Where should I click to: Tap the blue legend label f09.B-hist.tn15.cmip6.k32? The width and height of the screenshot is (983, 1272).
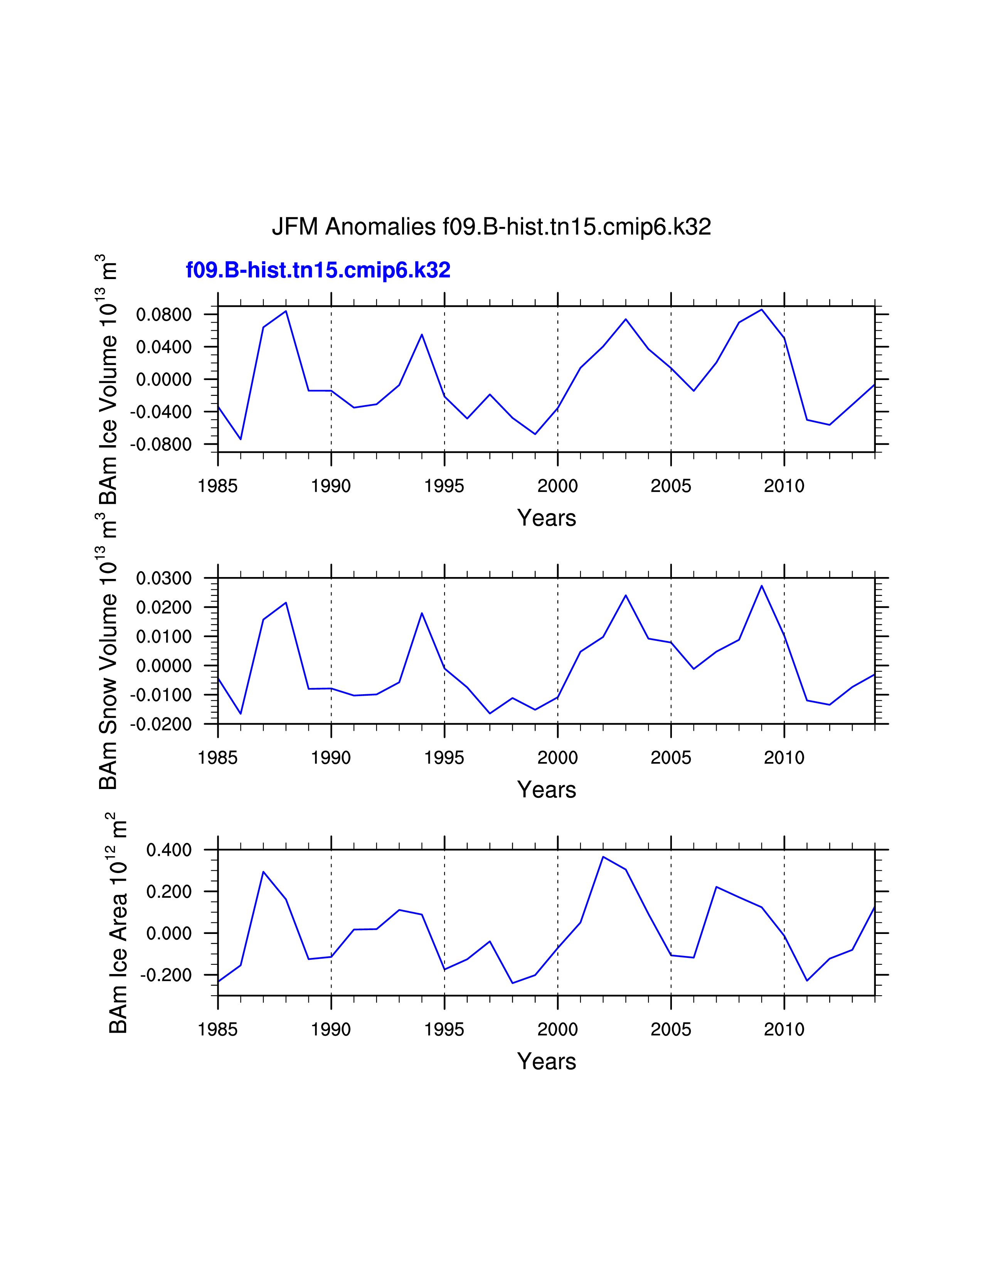pos(318,270)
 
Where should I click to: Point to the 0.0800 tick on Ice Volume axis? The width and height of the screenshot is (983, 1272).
pos(163,315)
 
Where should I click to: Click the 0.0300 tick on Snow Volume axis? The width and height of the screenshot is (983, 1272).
pos(163,578)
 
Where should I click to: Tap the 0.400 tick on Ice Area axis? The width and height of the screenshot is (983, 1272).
pos(169,850)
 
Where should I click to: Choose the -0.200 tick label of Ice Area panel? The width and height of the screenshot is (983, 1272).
pos(165,975)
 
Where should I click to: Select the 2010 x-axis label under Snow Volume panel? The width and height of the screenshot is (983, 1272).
pos(784,758)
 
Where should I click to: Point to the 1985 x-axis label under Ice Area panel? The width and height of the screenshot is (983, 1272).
pos(218,1030)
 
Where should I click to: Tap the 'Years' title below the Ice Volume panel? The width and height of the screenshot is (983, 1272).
pos(546,518)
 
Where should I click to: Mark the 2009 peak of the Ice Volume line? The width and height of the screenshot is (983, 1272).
pos(762,309)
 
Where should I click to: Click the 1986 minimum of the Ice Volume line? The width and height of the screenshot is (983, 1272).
pos(241,439)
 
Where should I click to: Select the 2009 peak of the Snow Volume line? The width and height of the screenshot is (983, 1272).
pos(762,586)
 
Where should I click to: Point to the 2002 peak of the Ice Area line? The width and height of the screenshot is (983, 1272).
pos(603,857)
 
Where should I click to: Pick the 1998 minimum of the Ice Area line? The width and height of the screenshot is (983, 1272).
pos(512,983)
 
